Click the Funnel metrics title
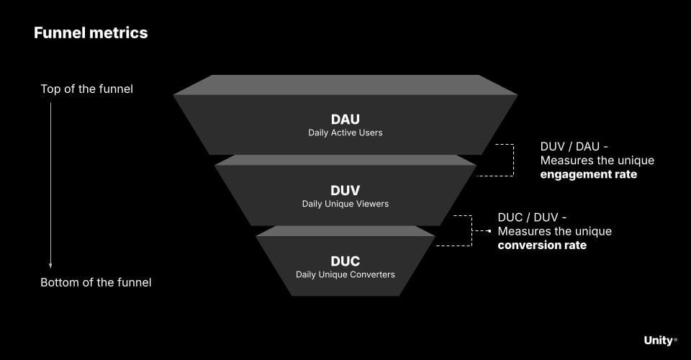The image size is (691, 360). tap(91, 33)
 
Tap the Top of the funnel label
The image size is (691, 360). tap(86, 89)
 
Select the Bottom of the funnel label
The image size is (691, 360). tap(96, 282)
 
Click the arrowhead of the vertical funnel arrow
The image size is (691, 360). tap(50, 264)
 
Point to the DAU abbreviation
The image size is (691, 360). tap(345, 119)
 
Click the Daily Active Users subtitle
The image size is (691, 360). tap(345, 132)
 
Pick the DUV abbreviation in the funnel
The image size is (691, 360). tap(345, 191)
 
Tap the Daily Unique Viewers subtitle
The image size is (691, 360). tap(345, 204)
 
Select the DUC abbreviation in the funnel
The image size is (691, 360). tap(345, 261)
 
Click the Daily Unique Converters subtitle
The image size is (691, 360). tap(345, 274)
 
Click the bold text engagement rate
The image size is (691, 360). tap(588, 174)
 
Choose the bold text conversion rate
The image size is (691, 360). tap(542, 245)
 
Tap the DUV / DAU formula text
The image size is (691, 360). tap(574, 146)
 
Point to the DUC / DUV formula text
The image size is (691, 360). tap(532, 217)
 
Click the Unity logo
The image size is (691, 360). tap(659, 341)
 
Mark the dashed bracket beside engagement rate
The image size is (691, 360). tap(512, 160)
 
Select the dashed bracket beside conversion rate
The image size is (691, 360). tap(471, 230)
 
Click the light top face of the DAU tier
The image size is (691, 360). tap(345, 85)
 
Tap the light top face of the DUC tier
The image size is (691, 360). tap(345, 231)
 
